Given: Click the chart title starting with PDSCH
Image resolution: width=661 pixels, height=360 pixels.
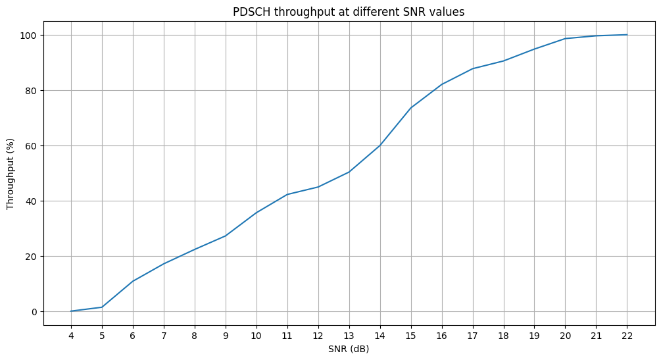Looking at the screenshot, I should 349,12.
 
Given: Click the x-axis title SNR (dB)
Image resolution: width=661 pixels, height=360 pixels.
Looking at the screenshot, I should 349,349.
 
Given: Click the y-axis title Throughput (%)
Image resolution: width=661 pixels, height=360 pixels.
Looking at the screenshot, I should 11,174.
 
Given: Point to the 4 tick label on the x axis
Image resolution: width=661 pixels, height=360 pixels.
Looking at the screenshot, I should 71,336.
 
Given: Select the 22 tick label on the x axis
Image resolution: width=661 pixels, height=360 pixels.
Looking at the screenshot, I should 626,336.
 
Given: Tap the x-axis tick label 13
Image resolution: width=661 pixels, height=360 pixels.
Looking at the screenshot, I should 349,336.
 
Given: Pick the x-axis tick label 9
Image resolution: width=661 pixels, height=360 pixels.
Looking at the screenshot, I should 226,336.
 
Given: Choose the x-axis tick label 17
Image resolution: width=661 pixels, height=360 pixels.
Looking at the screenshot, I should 472,336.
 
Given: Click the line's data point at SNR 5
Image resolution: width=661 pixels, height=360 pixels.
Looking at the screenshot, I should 102,307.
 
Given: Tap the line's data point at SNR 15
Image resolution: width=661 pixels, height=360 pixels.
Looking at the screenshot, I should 410,108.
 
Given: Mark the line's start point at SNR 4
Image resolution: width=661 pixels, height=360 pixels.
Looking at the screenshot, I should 71,311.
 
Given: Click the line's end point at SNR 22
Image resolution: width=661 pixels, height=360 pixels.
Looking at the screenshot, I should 626,35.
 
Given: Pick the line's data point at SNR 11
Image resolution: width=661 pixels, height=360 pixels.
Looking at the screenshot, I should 287,194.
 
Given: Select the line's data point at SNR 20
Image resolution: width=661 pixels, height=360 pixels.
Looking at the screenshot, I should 565,39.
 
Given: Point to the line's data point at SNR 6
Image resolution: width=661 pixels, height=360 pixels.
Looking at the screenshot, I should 133,281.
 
